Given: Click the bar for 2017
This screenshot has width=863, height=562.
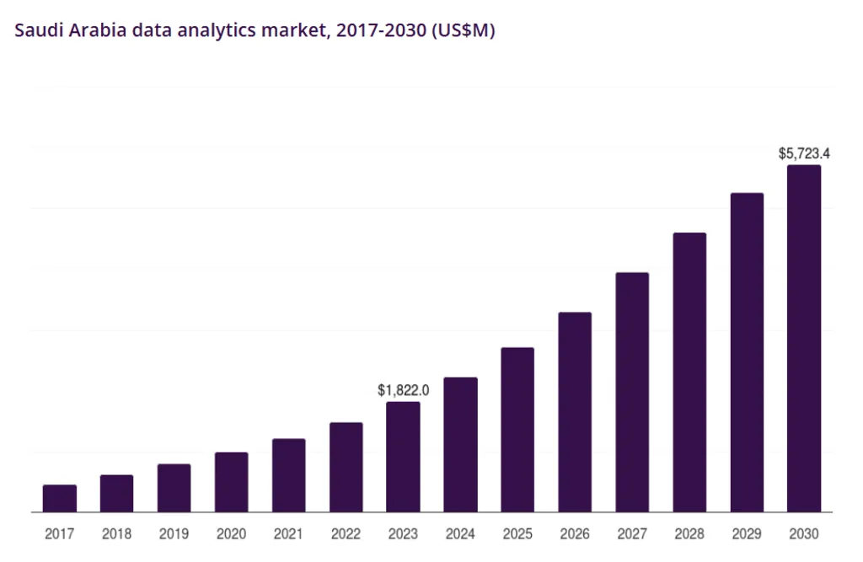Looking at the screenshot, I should point(60,498).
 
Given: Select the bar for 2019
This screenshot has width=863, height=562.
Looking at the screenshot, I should point(174,488).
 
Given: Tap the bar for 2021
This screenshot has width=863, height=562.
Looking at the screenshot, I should point(288,475).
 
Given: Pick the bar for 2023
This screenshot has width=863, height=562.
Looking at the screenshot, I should point(403,457).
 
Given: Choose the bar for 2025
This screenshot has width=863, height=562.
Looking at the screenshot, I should point(517,430).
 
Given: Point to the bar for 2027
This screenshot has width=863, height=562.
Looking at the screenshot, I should point(632,392).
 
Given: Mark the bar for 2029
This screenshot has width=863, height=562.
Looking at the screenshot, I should point(747,352).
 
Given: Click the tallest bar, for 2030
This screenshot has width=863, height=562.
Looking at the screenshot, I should point(804,338).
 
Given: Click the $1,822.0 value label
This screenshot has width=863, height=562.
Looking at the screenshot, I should point(404,390).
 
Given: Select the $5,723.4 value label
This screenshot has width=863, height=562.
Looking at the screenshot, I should point(804,153).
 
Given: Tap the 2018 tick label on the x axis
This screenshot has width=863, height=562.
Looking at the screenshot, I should point(117,534).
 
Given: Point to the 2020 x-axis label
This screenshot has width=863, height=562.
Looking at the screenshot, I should point(231,534).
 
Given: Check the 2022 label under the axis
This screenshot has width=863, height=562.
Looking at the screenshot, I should point(346,534).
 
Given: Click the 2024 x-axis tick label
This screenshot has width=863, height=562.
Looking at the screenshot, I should point(460,534).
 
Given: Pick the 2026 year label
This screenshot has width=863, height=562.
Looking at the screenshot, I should point(575,534).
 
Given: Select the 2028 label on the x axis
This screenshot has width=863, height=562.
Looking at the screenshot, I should point(689,534).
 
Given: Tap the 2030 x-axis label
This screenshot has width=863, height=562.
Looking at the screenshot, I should point(804,534).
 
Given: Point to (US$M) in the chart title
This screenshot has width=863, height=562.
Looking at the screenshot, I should point(462,31).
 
